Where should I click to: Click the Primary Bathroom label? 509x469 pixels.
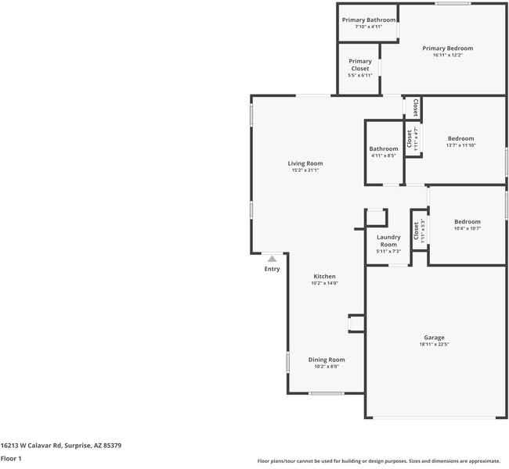point(368,20)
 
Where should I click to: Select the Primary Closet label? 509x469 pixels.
point(359,65)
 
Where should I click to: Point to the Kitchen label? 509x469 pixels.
point(324,276)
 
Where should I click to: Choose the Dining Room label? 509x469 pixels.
point(327,359)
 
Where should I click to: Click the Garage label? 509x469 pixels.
point(435,337)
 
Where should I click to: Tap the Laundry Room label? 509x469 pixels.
point(388,241)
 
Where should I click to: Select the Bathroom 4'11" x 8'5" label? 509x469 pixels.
point(384,149)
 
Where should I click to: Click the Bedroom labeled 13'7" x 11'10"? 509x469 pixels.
point(460,138)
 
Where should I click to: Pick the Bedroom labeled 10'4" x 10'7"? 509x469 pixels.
point(467,221)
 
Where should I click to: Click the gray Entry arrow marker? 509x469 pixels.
point(272,258)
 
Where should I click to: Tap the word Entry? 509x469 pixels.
point(272,269)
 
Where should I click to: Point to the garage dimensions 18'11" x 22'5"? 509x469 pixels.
point(435,345)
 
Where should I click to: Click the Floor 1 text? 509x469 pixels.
point(11,459)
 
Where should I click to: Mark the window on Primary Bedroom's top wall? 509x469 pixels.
point(447,4)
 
